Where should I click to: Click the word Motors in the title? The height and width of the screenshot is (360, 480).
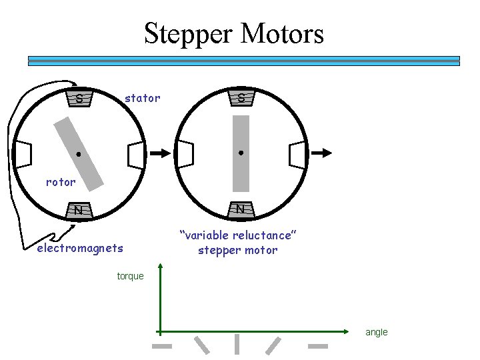(279, 33)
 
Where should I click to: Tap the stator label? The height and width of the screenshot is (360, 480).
(143, 98)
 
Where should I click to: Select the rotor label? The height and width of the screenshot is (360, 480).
(61, 181)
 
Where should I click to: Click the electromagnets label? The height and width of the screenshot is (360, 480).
(80, 249)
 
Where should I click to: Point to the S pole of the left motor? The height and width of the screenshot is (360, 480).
(79, 99)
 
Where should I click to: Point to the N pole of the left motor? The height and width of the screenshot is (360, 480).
(79, 210)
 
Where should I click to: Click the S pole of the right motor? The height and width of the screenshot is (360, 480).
(241, 99)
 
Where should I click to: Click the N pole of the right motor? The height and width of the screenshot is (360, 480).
(241, 209)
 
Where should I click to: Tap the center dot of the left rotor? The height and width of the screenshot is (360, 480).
(78, 155)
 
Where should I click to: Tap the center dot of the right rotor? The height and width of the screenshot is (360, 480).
(241, 153)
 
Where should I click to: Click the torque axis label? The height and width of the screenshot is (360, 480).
(130, 276)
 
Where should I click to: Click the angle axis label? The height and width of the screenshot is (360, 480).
(376, 332)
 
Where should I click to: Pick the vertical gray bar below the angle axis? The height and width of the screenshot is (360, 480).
(237, 344)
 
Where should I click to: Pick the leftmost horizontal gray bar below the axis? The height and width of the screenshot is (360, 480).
(162, 346)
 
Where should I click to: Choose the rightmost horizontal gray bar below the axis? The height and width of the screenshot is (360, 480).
(317, 346)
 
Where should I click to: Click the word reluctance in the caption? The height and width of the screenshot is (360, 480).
(260, 235)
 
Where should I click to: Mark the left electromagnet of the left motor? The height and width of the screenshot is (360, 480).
(23, 155)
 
